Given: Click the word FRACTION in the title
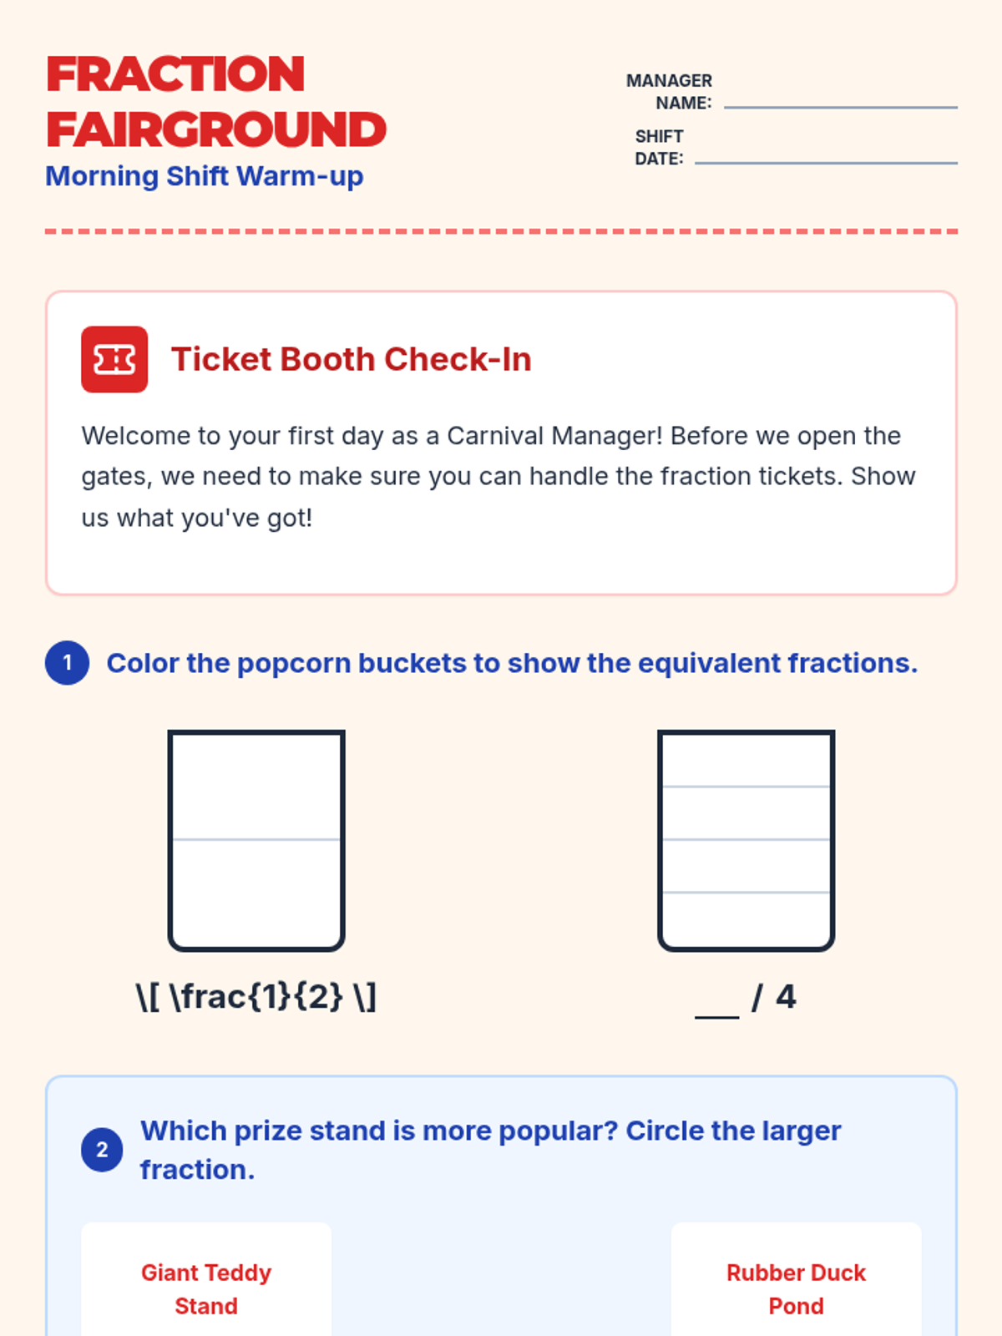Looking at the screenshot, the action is pos(175,74).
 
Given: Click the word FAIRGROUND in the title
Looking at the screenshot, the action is pos(216,129).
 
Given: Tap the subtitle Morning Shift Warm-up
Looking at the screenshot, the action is pos(205,176).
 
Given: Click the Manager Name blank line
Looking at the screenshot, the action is pos(840,107).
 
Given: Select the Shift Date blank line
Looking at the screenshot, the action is pos(826,163).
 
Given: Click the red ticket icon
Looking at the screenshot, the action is pos(114,359).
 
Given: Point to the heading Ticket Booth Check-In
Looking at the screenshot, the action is pos(351,359).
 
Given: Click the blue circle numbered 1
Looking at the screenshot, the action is pos(67,663).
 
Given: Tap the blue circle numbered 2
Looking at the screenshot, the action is pos(102,1150).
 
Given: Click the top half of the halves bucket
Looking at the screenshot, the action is pos(256,787).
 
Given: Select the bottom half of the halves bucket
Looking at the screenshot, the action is pos(256,893).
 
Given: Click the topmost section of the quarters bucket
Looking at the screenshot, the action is pos(746,760).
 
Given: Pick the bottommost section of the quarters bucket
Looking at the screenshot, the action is pos(746,919).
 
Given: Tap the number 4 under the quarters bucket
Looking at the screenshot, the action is pos(786,997).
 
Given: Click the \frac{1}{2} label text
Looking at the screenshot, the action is pos(256,997).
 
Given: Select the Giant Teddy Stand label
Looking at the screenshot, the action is pos(206,1289).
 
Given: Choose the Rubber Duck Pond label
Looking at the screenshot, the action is pos(796,1289).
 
